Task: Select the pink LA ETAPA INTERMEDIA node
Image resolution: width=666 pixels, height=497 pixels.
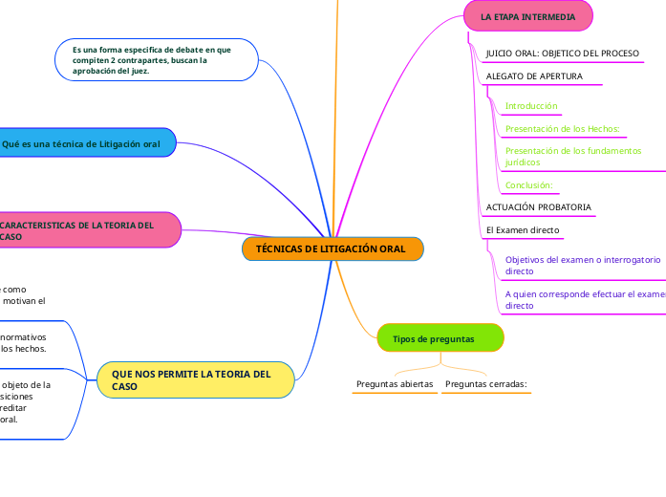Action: (x=527, y=17)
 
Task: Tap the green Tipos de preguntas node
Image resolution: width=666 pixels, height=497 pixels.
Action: (x=440, y=339)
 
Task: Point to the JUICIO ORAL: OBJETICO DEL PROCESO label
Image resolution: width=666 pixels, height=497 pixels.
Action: (x=562, y=53)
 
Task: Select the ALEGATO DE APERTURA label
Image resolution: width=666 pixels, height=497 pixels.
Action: (x=534, y=76)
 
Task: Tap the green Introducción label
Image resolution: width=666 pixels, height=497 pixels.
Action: (x=531, y=106)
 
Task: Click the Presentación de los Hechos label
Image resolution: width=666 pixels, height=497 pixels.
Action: (x=563, y=129)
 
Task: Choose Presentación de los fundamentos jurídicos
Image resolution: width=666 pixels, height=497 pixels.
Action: (x=573, y=157)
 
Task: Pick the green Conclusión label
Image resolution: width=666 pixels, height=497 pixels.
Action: (x=528, y=185)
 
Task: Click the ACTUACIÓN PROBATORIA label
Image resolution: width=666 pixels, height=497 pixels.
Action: (x=539, y=207)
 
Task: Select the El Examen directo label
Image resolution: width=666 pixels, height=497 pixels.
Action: (x=523, y=230)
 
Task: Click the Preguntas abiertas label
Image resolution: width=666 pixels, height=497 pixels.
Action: (x=395, y=384)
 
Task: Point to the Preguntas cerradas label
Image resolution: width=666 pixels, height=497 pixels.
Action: (x=486, y=384)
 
